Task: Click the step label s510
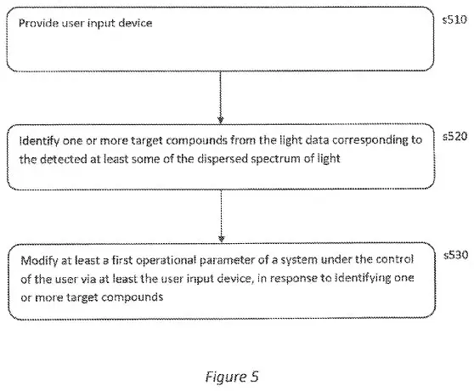(454, 20)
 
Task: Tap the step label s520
(455, 136)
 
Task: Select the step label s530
(456, 255)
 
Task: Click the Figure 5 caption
(232, 377)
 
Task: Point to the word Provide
(38, 23)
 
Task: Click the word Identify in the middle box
(39, 141)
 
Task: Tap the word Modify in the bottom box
(39, 261)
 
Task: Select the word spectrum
(277, 159)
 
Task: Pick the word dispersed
(223, 159)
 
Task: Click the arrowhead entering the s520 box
(221, 120)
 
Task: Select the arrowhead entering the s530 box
(221, 239)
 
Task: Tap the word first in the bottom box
(122, 260)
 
